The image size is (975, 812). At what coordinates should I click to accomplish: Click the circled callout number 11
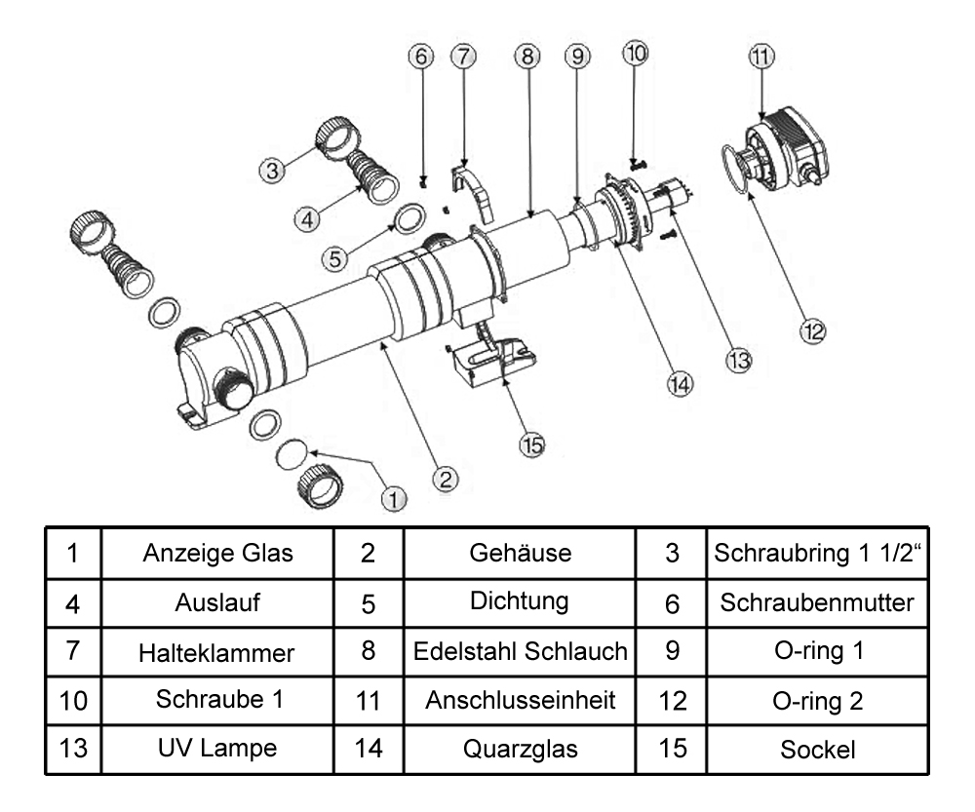761,57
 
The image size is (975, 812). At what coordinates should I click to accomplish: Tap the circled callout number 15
531,445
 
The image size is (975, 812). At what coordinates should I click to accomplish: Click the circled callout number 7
462,56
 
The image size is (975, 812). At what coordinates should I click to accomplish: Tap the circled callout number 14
680,383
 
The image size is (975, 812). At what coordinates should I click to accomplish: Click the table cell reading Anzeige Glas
218,553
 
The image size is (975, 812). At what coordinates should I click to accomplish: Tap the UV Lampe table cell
218,750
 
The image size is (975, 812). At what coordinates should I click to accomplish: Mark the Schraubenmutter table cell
817,602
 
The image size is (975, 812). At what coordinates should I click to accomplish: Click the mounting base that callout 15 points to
492,362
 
